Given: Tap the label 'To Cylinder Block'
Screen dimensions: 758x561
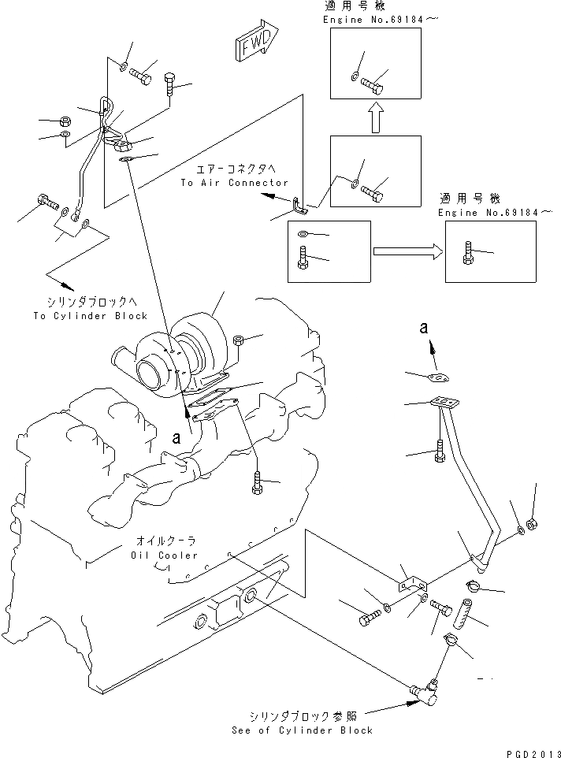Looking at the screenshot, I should coord(91,315).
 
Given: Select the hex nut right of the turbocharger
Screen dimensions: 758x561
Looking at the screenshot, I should coord(239,340).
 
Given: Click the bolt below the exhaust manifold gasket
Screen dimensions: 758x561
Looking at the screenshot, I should coord(258,482).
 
